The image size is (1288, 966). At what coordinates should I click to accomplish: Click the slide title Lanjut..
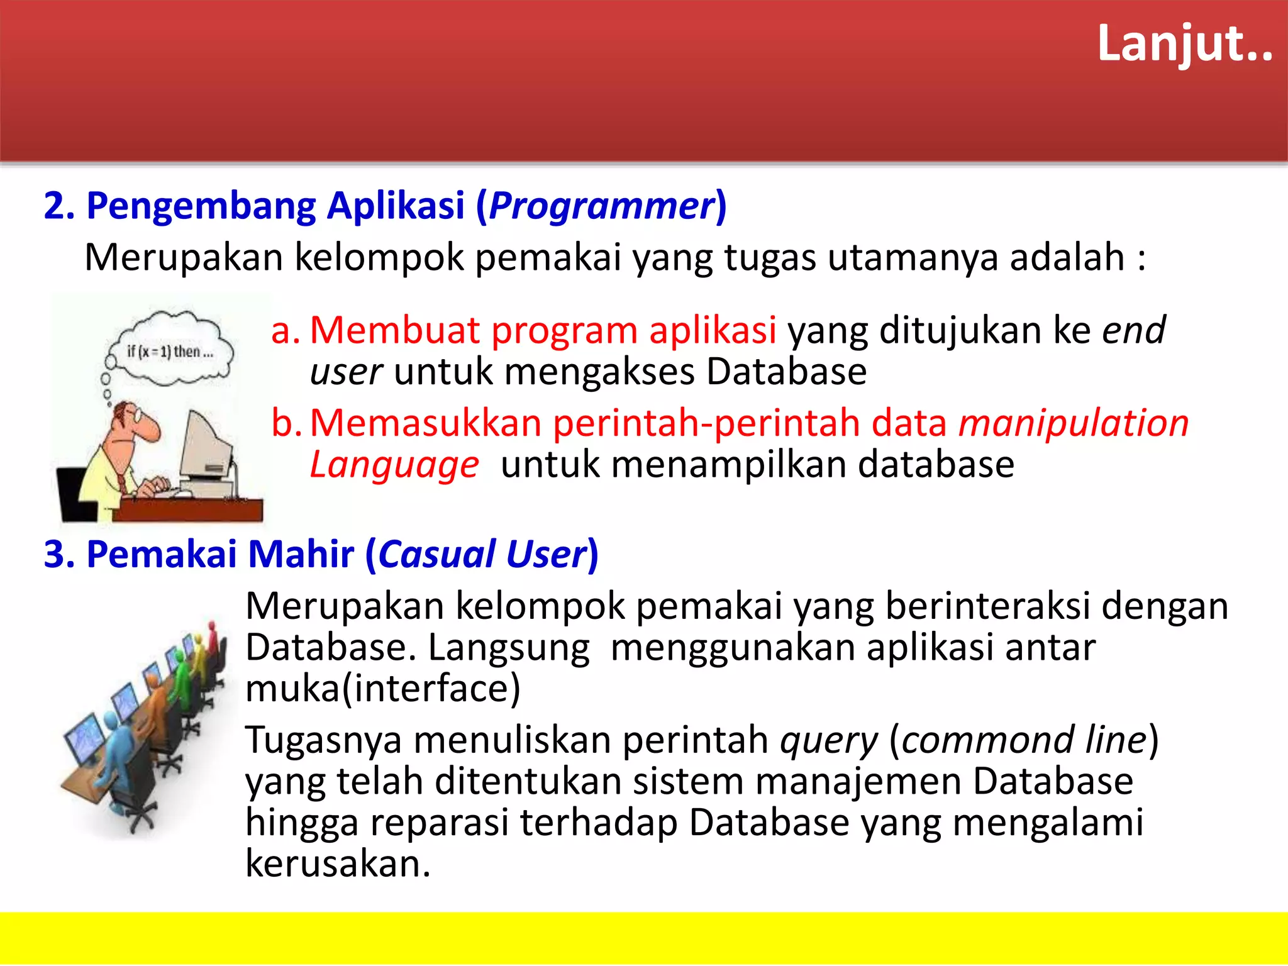(1184, 44)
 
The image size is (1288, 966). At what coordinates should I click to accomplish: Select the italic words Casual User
(482, 555)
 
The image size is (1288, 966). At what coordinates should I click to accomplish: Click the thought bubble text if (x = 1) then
(170, 352)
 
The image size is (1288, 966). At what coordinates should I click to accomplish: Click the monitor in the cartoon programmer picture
(204, 450)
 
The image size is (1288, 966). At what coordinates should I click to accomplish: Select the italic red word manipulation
(1073, 423)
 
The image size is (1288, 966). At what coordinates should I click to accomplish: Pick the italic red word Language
(394, 465)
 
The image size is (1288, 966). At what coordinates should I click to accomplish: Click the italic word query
(828, 740)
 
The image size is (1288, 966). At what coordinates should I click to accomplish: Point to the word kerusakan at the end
(337, 863)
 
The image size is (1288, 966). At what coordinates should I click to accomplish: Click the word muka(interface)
(382, 689)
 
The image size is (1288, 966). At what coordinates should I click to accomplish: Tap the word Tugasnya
(323, 740)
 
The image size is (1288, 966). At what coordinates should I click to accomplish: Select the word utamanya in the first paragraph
(912, 258)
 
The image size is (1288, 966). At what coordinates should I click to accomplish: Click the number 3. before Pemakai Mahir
(58, 555)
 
